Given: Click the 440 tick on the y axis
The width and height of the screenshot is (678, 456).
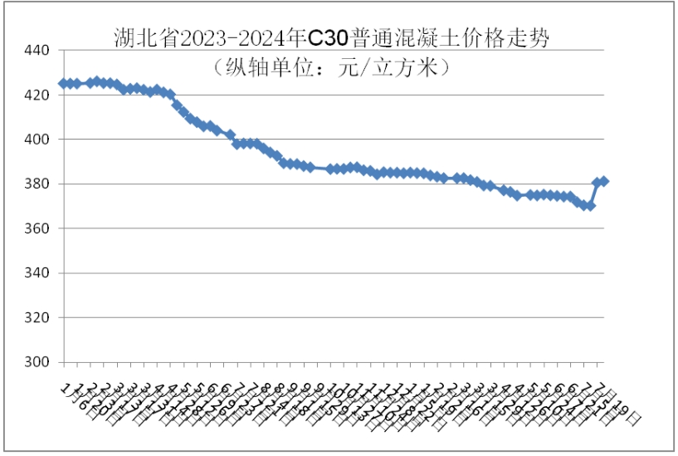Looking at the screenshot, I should click(37, 51).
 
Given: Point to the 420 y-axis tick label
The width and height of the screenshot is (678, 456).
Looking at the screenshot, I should click(37, 96).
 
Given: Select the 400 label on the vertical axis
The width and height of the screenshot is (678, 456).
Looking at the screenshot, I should click(37, 140).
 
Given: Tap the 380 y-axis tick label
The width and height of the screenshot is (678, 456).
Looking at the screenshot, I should click(37, 184).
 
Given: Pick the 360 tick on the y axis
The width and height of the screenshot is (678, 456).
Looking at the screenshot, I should click(37, 228).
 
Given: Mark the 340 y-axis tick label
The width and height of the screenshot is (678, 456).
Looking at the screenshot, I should click(37, 273).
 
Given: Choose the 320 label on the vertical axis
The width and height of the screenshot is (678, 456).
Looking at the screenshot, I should click(37, 318).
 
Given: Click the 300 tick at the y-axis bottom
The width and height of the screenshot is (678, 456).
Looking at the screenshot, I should click(37, 362).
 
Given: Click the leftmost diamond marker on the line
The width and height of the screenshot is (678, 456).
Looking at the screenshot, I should click(63, 83).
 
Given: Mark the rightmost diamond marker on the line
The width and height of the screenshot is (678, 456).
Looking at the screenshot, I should click(603, 181).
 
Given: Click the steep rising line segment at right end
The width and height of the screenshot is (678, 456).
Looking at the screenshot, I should click(593, 194).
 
